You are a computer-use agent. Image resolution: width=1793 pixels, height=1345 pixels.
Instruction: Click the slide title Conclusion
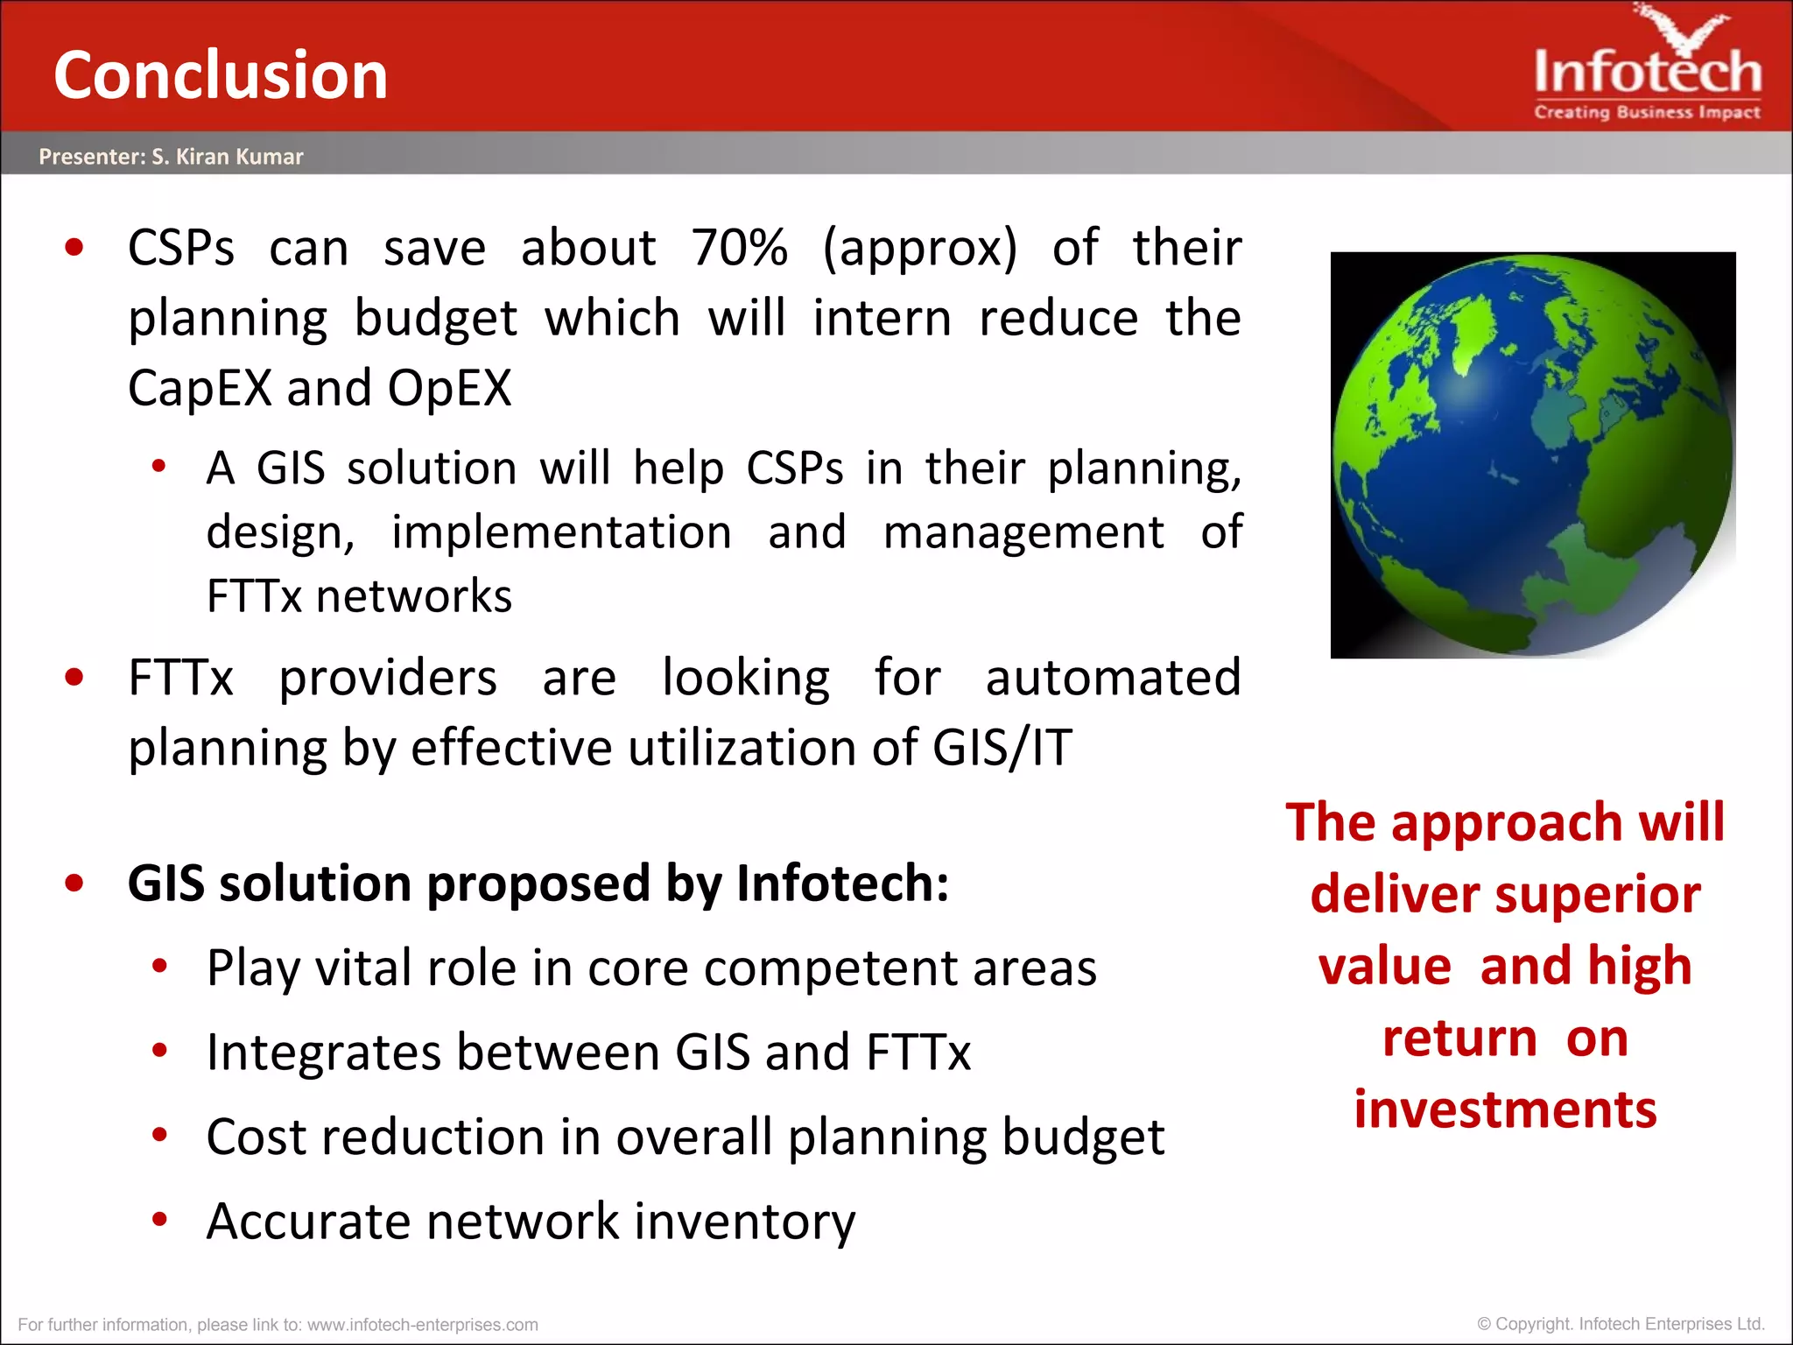point(221,75)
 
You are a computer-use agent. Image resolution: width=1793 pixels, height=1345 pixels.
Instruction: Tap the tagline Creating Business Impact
point(1647,112)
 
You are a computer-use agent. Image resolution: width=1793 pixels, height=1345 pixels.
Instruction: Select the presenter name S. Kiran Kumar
point(227,157)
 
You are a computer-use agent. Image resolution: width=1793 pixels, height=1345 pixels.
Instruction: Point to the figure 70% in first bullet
point(740,248)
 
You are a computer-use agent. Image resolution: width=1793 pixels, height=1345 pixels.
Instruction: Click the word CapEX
point(200,388)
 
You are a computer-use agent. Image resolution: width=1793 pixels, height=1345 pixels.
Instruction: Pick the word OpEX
point(449,388)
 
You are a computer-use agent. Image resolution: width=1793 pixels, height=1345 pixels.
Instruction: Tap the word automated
point(1113,678)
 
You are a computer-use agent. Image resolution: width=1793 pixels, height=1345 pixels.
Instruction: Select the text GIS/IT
point(1002,749)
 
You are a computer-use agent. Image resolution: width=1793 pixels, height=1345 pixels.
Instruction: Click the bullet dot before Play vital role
point(159,967)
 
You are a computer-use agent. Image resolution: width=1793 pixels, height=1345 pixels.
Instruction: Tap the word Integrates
point(323,1053)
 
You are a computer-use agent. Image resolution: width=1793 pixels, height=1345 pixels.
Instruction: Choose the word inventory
point(744,1222)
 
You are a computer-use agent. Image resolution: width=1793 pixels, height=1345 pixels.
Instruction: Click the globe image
point(1532,455)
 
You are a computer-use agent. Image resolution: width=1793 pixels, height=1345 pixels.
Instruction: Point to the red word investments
point(1505,1109)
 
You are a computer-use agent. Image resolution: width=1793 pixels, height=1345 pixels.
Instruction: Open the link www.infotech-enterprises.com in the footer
point(422,1325)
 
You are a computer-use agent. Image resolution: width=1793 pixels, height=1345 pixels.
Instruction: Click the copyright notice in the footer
point(1620,1324)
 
